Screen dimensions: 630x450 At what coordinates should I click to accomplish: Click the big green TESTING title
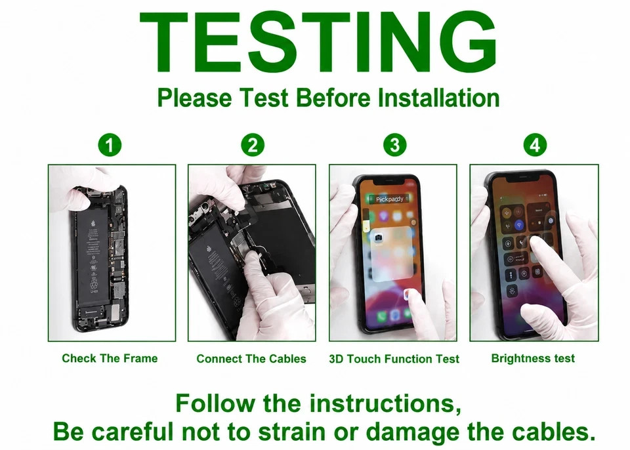click(318, 41)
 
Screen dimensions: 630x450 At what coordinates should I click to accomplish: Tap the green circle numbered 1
click(110, 145)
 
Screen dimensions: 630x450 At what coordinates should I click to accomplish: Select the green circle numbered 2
click(253, 145)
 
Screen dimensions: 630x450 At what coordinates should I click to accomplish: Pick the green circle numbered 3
click(395, 145)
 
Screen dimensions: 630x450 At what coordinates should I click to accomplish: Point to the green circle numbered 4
click(535, 145)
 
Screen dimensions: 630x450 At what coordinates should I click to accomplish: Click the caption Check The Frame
click(110, 358)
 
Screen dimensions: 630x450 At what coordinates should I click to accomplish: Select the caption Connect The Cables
click(251, 358)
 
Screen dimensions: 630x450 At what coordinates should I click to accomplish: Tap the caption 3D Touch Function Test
click(394, 358)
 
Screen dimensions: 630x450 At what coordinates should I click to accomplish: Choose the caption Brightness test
click(533, 358)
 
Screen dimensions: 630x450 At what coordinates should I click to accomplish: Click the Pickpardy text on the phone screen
click(389, 199)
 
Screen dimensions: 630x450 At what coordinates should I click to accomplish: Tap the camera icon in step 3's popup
click(378, 238)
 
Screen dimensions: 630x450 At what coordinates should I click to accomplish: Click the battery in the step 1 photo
click(92, 258)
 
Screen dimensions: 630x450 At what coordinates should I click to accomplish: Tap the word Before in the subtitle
click(333, 98)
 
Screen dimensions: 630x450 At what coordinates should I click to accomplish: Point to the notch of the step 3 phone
click(394, 180)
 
